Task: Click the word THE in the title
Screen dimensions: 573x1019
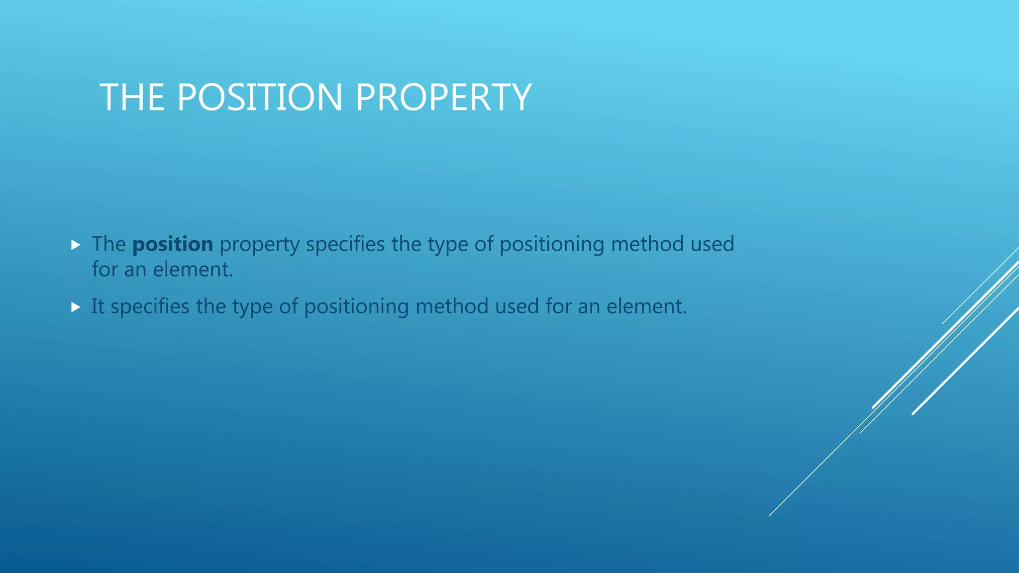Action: tap(132, 97)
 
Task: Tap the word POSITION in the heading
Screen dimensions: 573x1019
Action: tap(260, 97)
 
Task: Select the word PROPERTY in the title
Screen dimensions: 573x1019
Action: tap(443, 97)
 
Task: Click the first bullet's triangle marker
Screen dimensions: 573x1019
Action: tap(76, 245)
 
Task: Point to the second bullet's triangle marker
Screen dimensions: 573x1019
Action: tap(76, 307)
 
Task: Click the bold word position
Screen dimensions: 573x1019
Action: tap(173, 244)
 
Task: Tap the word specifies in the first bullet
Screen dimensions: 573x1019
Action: tap(345, 244)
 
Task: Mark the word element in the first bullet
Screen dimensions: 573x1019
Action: tap(193, 270)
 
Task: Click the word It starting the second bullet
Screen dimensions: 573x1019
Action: tap(98, 306)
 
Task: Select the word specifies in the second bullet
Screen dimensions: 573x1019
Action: tap(150, 307)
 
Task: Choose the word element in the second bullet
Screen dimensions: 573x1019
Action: tap(646, 306)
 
